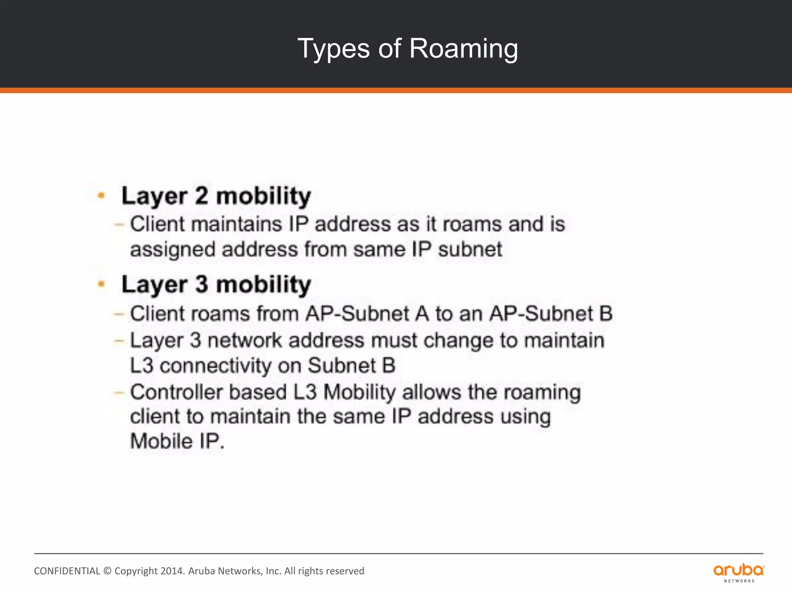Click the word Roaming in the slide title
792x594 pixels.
click(x=463, y=49)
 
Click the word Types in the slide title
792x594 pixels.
click(x=333, y=49)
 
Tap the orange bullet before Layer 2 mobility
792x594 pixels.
click(x=101, y=196)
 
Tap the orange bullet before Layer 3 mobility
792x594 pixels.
click(x=101, y=284)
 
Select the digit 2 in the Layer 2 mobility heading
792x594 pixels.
click(x=201, y=196)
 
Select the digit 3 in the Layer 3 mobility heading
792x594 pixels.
click(x=201, y=284)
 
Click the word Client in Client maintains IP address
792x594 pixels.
click(x=157, y=224)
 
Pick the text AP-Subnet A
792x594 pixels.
click(x=367, y=314)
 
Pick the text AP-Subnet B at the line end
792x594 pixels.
click(x=551, y=314)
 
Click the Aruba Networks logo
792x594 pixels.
click(x=739, y=572)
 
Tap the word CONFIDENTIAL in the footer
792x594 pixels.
click(x=67, y=571)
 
